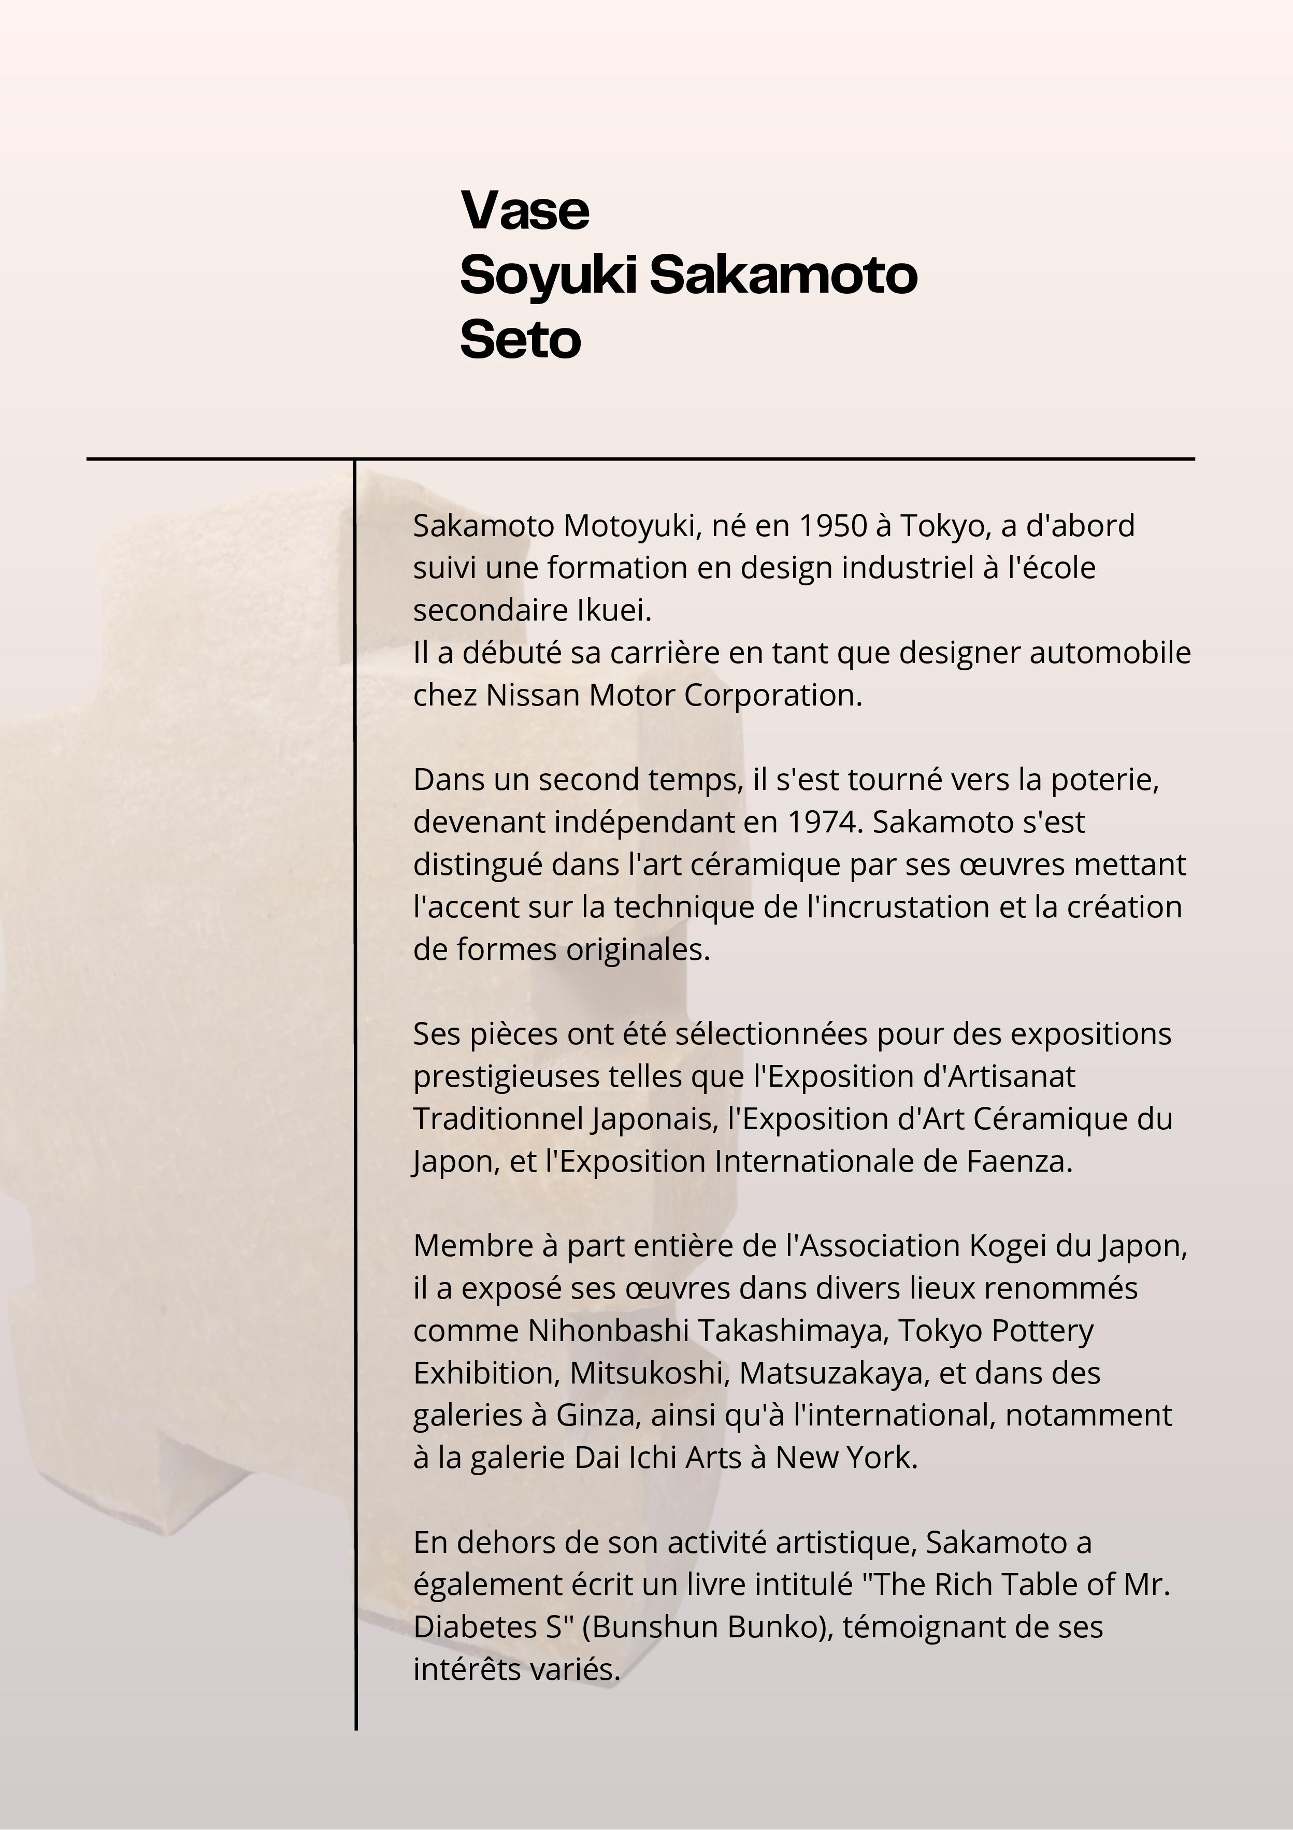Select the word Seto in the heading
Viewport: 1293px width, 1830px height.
coord(520,340)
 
